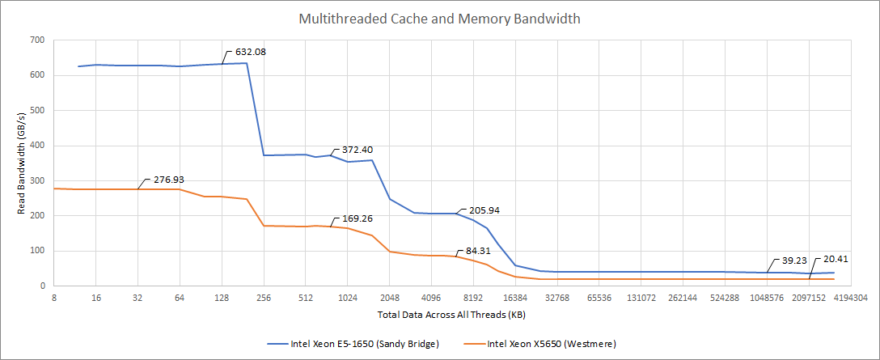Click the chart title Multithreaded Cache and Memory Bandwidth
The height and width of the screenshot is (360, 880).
pyautogui.click(x=439, y=19)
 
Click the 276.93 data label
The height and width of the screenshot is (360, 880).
pyautogui.click(x=167, y=180)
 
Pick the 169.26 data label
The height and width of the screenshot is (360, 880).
pyautogui.click(x=357, y=218)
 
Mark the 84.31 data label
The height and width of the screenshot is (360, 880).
pyautogui.click(x=472, y=251)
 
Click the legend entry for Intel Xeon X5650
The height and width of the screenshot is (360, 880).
pyautogui.click(x=551, y=344)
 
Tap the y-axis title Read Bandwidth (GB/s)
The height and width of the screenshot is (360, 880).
pyautogui.click(x=22, y=163)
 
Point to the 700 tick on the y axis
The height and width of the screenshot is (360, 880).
pyautogui.click(x=37, y=40)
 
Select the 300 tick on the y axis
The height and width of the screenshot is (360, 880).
pyautogui.click(x=37, y=180)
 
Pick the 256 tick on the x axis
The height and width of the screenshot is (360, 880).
pyautogui.click(x=264, y=298)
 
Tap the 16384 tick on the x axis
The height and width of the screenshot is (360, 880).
pyautogui.click(x=514, y=298)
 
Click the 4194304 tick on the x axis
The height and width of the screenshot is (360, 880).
pyautogui.click(x=850, y=298)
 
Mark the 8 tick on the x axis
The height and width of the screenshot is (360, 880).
pyautogui.click(x=54, y=298)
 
